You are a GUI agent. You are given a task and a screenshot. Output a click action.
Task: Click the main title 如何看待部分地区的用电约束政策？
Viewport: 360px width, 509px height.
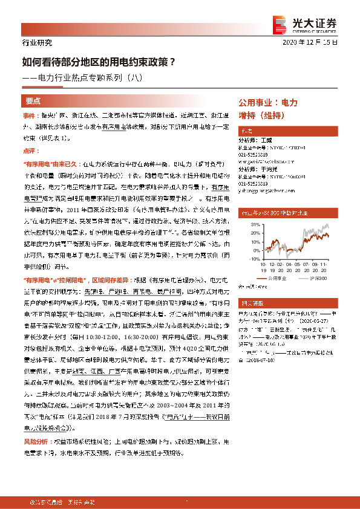tap(99, 61)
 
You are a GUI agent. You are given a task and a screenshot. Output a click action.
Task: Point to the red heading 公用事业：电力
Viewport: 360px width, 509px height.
tap(268, 103)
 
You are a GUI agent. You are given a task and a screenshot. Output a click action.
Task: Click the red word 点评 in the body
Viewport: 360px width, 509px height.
tap(29, 151)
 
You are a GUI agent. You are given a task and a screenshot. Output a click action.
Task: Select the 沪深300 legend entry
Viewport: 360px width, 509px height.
tap(321, 280)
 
